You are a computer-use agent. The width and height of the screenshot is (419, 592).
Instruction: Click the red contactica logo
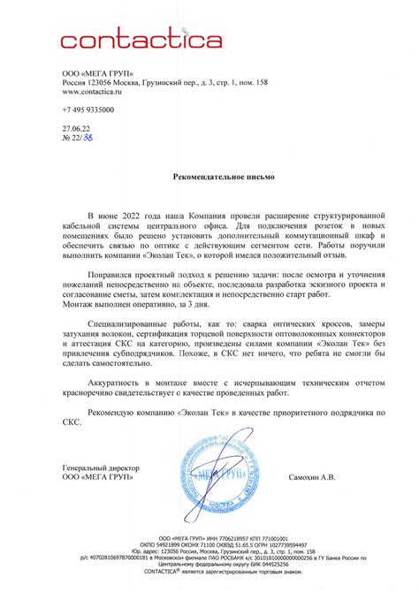141,39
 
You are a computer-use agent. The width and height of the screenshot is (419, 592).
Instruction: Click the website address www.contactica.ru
91,90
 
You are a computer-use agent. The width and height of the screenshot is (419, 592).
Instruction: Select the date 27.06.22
75,127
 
